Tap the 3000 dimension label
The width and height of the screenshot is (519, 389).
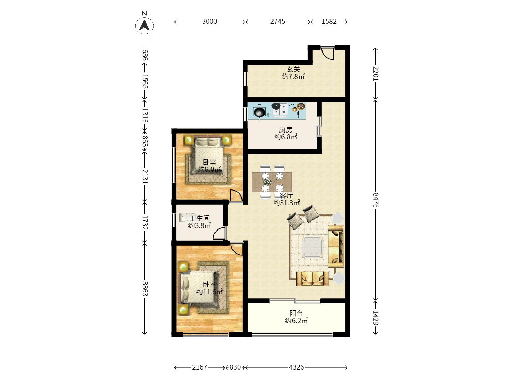click(209, 22)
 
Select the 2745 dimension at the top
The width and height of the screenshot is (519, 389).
click(278, 22)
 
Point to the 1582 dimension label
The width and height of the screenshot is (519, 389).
click(329, 22)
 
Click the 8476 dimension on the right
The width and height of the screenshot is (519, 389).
click(376, 200)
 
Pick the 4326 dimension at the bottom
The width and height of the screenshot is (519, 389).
click(297, 367)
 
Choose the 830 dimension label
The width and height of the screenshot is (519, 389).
click(235, 367)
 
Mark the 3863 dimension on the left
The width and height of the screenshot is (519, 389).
click(145, 289)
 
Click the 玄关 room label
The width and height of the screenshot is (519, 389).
click(293, 69)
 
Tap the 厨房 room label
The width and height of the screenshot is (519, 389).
click(285, 130)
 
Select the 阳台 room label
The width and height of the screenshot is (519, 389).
click(296, 313)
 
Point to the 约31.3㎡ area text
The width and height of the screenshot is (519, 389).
click(287, 203)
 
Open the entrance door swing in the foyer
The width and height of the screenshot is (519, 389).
click(328, 53)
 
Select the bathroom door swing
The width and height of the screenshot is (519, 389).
click(219, 233)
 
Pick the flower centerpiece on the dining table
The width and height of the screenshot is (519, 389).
click(267, 182)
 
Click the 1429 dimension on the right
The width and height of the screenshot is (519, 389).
click(376, 318)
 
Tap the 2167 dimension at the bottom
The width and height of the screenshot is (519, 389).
click(200, 367)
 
